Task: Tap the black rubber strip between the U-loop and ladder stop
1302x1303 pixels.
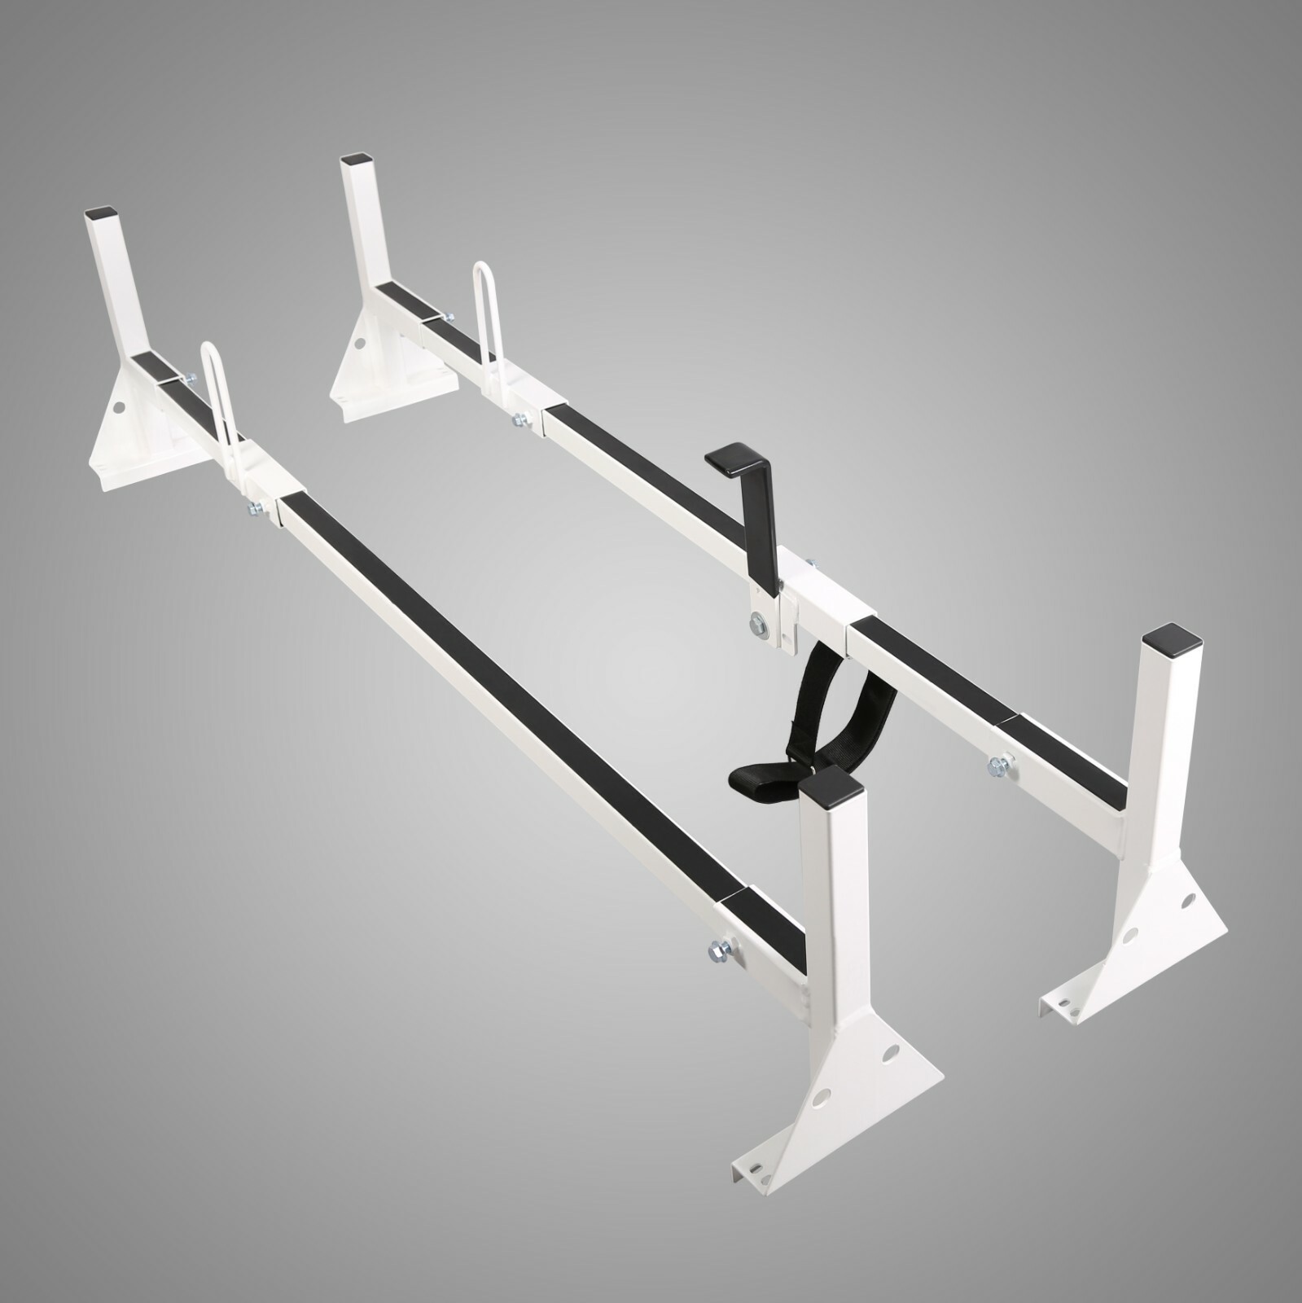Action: click(643, 464)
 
